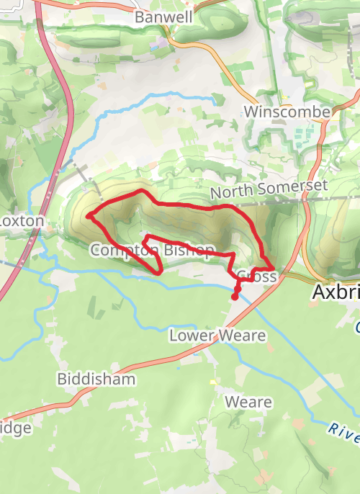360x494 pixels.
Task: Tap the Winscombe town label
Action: click(x=287, y=112)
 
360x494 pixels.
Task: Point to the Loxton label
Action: click(x=22, y=221)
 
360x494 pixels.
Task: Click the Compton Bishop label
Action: click(x=152, y=251)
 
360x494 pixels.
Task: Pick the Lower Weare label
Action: click(x=217, y=336)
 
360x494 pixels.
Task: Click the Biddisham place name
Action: click(x=96, y=379)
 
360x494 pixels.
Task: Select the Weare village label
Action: click(x=248, y=402)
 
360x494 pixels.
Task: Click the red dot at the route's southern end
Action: click(x=235, y=296)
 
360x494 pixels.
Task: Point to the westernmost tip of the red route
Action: click(x=88, y=215)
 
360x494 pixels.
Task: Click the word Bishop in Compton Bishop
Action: click(x=189, y=251)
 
